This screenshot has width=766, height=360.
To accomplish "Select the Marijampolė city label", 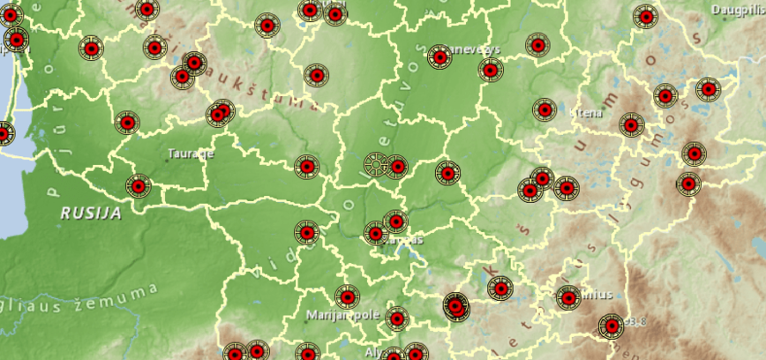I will coord(342,314).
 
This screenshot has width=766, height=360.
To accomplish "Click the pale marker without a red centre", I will coord(376,165).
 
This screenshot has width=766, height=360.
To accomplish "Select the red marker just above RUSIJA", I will coord(138,186).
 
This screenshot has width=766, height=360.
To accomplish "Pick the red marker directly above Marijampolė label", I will coord(348,296).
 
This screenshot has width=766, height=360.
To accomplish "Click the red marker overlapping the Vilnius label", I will coord(568,297).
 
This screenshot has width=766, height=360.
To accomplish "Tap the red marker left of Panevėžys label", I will coord(439,57).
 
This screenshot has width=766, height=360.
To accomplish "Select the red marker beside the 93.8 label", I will coord(610,326).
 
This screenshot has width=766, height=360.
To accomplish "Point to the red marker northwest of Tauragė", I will coord(127,123).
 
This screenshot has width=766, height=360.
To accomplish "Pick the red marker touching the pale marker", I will coord(396,166).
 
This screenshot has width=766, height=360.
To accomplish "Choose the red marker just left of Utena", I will coord(544,109).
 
